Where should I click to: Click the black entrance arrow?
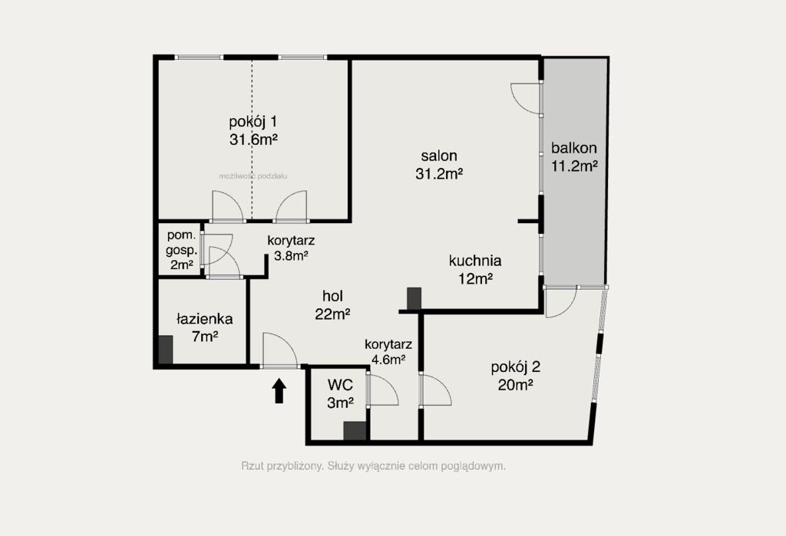click(279, 391)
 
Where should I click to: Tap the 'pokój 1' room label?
click(253, 122)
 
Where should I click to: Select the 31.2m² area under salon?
click(438, 174)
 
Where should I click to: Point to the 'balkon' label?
click(574, 148)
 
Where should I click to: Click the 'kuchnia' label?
click(475, 261)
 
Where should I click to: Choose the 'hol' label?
click(333, 296)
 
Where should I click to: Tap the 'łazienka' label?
click(204, 319)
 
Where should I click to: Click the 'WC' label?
click(340, 385)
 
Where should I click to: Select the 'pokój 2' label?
click(515, 368)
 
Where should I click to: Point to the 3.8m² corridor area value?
click(291, 256)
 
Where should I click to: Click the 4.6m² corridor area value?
click(388, 359)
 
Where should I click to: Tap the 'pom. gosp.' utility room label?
click(181, 242)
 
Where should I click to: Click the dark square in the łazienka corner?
click(166, 350)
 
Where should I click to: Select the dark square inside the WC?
click(355, 431)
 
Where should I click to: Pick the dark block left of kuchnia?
click(414, 298)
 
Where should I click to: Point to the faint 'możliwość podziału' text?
click(253, 176)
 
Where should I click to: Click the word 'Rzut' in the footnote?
click(252, 466)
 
